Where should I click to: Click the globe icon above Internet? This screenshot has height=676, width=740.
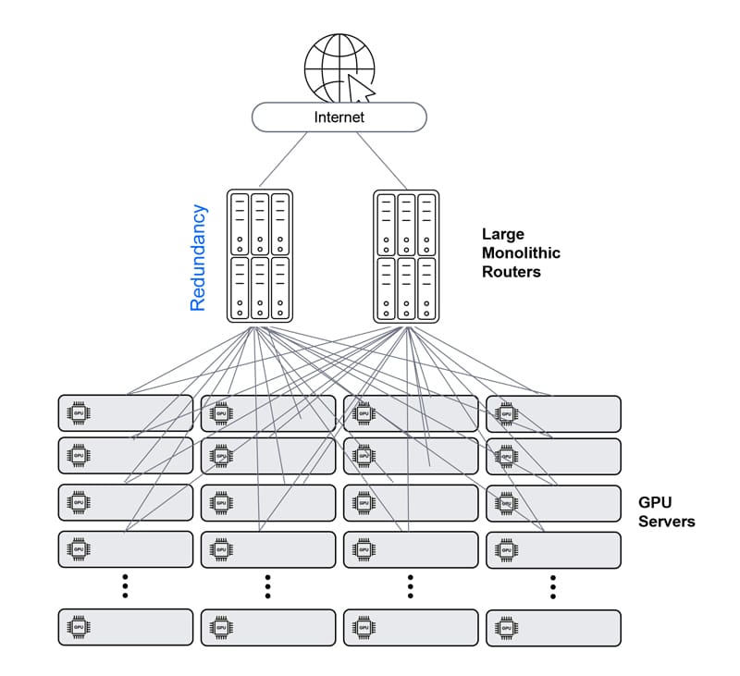tap(338, 68)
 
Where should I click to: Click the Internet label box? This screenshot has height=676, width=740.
tap(339, 117)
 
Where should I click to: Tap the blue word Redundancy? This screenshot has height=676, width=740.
tap(198, 257)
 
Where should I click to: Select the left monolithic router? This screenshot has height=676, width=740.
tap(260, 256)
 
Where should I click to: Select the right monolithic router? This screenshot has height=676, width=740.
tap(406, 256)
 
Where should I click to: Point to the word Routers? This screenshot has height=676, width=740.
tap(512, 272)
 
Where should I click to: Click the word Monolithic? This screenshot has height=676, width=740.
tap(521, 253)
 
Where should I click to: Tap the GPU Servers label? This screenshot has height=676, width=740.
tap(666, 512)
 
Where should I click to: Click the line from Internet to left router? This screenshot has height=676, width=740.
tap(289, 159)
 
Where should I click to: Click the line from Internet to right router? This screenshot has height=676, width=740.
tap(380, 159)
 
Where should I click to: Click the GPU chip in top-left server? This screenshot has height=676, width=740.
tap(79, 413)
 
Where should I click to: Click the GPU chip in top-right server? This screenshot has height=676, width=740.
tap(506, 413)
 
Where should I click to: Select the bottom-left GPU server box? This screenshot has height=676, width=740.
tap(126, 627)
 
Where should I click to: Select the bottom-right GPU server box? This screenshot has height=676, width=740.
tap(553, 627)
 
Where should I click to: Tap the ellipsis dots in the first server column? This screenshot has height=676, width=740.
tap(125, 586)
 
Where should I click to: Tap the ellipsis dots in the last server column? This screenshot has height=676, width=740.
tap(552, 586)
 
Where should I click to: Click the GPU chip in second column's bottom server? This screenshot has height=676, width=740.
tap(221, 627)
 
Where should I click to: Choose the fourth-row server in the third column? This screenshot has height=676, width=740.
tap(411, 549)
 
